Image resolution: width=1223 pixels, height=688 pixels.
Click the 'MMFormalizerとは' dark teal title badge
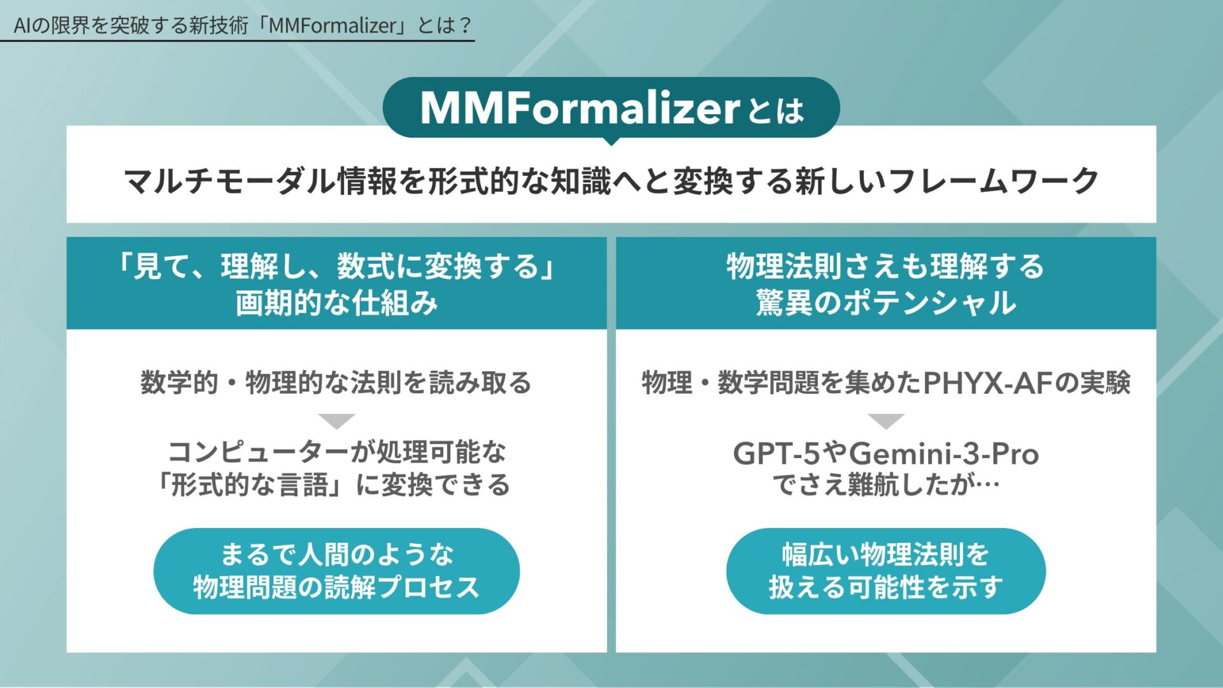tap(611, 108)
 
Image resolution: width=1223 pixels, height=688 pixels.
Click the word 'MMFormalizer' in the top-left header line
tap(333, 25)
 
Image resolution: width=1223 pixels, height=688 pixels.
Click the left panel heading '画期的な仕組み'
tap(336, 303)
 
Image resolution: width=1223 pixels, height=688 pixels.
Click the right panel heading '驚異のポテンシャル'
tap(885, 303)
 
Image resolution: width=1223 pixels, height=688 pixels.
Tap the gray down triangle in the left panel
tap(336, 421)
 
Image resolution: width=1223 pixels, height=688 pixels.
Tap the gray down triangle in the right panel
tap(885, 421)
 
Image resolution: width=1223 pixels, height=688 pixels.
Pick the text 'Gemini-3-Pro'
tap(944, 454)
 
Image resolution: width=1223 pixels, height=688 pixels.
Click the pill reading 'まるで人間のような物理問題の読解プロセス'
tap(336, 571)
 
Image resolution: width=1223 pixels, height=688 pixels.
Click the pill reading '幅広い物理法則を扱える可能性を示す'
tap(885, 571)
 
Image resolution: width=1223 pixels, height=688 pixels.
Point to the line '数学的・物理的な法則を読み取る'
tap(336, 383)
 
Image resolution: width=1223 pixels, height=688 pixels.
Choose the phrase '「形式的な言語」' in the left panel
tap(252, 485)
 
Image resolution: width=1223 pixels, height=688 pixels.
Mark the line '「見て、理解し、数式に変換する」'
tap(336, 266)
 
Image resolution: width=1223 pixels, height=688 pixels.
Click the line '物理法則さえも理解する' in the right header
tap(885, 266)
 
